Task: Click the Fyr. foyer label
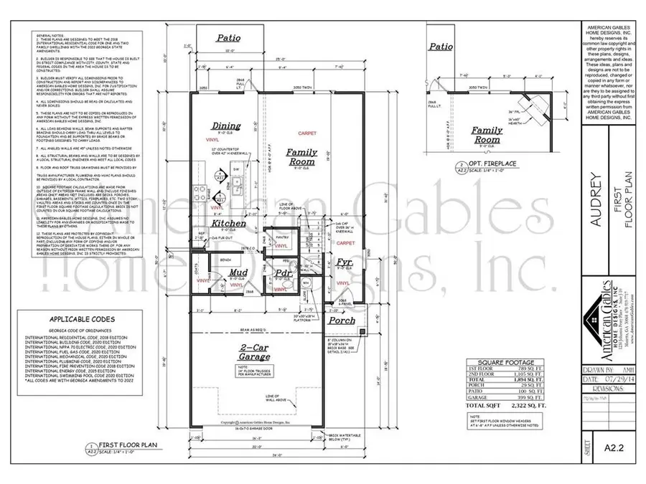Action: pos(344,264)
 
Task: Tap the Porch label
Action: pos(342,320)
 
